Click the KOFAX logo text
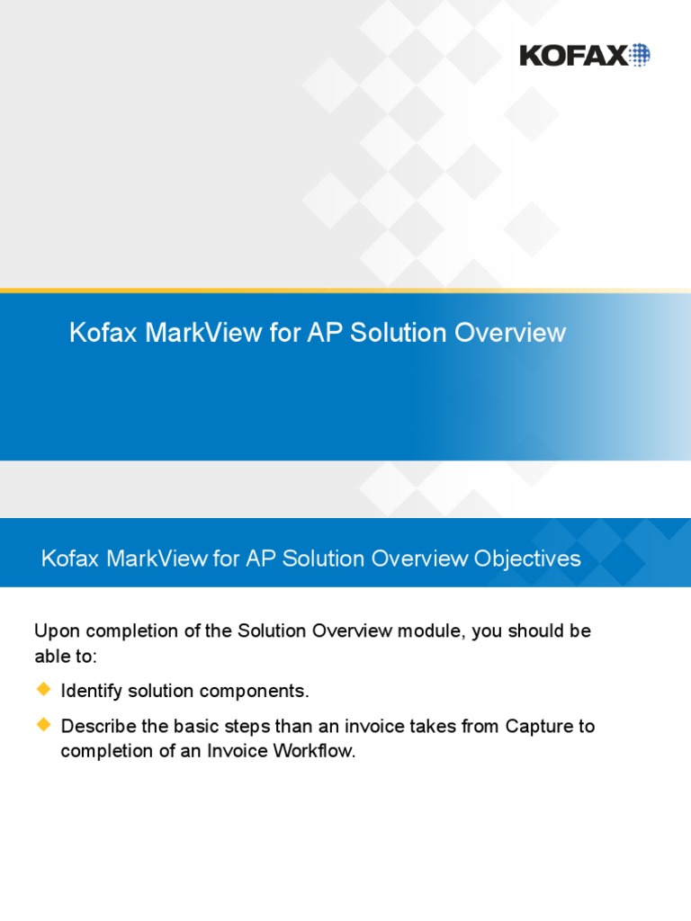click(573, 56)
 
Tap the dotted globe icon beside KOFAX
click(639, 55)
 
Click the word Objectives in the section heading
click(526, 559)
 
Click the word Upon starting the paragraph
click(54, 631)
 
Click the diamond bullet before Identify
click(43, 690)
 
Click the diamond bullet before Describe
click(43, 724)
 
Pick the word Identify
click(91, 692)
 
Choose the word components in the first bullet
click(263, 692)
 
